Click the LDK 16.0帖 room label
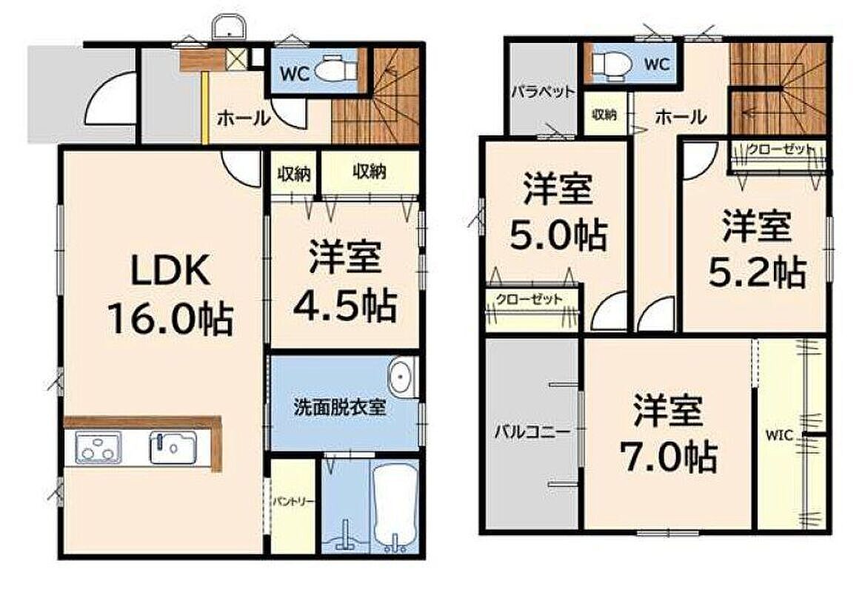click(x=170, y=295)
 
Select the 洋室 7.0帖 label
click(x=668, y=434)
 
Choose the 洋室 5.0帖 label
click(x=558, y=212)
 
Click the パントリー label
click(x=293, y=502)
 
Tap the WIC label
click(x=780, y=435)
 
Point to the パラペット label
click(x=543, y=92)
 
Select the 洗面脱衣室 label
click(x=340, y=407)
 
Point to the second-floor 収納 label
click(x=604, y=114)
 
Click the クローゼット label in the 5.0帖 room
click(x=529, y=300)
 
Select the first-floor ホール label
click(x=244, y=118)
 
